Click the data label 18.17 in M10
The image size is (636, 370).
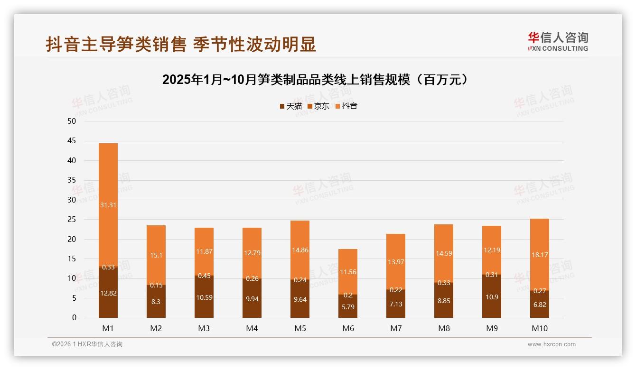click(540, 255)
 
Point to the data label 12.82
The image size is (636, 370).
click(108, 293)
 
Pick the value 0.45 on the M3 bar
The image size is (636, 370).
click(204, 276)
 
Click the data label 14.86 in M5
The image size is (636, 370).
click(300, 250)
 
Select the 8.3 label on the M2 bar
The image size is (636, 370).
click(156, 301)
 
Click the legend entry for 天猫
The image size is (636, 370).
click(290, 106)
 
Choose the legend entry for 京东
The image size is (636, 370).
click(318, 106)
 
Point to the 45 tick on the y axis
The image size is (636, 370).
click(72, 141)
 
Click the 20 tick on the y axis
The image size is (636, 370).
click(72, 240)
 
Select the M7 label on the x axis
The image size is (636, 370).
click(396, 328)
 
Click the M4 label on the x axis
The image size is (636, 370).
click(252, 328)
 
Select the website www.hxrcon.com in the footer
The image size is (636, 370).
click(552, 344)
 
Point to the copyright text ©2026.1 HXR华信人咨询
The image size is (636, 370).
click(87, 344)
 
